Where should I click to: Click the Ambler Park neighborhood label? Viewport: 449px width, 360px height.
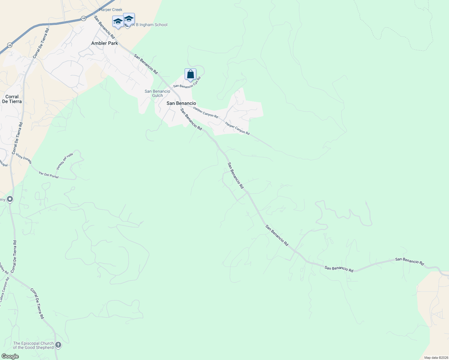(x=104, y=43)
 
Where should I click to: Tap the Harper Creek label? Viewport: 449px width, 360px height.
(x=111, y=10)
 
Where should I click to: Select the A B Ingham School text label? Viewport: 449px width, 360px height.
(x=150, y=25)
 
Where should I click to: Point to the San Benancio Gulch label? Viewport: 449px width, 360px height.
(x=157, y=93)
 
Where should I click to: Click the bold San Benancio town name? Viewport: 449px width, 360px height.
(x=181, y=103)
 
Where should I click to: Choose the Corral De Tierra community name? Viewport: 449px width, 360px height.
(x=12, y=99)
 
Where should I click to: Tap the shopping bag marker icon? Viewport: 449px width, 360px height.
(x=190, y=74)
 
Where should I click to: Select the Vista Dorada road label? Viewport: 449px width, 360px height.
(x=24, y=158)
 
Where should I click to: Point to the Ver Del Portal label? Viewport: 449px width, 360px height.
(x=49, y=175)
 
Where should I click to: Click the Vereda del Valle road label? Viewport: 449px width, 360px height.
(x=65, y=161)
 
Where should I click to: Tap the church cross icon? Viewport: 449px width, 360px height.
(x=58, y=345)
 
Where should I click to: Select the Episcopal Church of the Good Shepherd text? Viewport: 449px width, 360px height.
(x=33, y=345)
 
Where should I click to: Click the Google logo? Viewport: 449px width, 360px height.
(x=10, y=356)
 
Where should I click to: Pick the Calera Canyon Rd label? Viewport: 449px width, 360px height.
(x=5, y=289)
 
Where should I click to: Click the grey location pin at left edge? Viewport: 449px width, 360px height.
(x=10, y=199)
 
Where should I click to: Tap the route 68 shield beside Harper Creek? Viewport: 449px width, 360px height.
(x=83, y=19)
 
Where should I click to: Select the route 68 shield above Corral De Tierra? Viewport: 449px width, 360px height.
(x=10, y=45)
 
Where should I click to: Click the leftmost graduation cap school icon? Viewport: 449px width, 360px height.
(x=118, y=21)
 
